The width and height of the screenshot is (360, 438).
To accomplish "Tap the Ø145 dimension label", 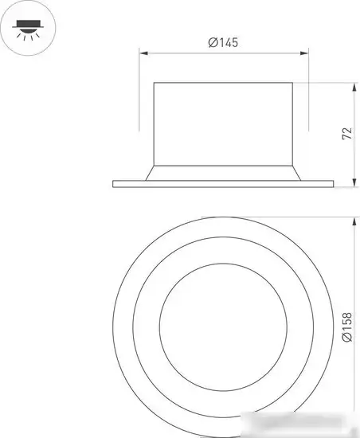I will click(x=224, y=43).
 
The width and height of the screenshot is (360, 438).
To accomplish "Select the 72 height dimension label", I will click(x=345, y=133).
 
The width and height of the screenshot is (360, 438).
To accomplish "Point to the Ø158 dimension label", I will click(x=345, y=327).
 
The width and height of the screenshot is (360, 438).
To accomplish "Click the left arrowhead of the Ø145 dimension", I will click(x=144, y=54).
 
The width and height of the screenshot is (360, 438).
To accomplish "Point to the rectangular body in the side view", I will click(x=225, y=123).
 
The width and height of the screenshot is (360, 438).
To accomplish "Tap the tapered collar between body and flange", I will click(x=225, y=173).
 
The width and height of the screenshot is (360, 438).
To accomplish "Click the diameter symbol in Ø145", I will click(x=213, y=43).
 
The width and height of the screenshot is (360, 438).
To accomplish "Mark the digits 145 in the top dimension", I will click(x=229, y=43).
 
